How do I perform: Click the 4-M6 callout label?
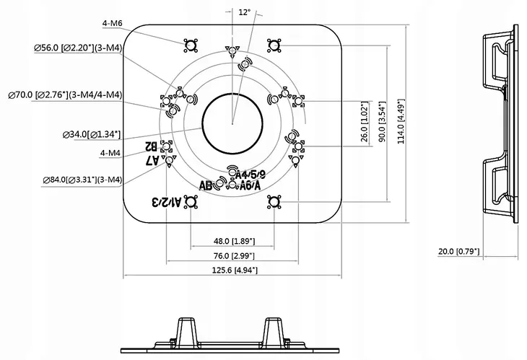click(x=112, y=23)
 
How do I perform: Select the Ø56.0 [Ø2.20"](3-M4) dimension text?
click(x=77, y=48)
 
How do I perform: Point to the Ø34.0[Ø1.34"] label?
click(x=92, y=133)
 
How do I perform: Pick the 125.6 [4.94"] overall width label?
click(x=233, y=270)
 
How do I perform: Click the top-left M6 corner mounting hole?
click(x=190, y=45)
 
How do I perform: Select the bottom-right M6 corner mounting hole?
click(x=273, y=204)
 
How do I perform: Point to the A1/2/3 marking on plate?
click(x=165, y=202)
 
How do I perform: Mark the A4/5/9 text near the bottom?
click(x=251, y=174)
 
